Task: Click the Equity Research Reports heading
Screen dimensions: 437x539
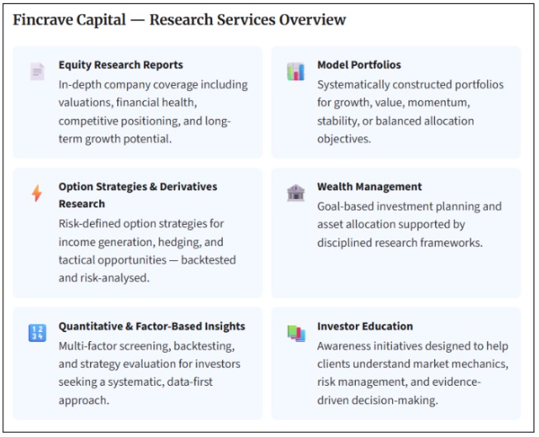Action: tap(121, 64)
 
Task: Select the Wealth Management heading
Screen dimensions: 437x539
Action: tap(369, 187)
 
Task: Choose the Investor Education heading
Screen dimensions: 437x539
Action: tap(365, 326)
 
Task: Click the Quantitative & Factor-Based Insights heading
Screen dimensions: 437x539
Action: tap(152, 326)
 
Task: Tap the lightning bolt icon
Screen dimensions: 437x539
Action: tap(36, 193)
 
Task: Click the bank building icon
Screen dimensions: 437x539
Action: tap(295, 192)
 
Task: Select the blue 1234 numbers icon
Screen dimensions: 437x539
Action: tap(37, 333)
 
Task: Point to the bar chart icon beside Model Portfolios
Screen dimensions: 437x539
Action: tap(295, 71)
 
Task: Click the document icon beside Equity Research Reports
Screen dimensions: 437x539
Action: tap(37, 71)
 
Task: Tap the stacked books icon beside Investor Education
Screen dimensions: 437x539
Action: tap(296, 333)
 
